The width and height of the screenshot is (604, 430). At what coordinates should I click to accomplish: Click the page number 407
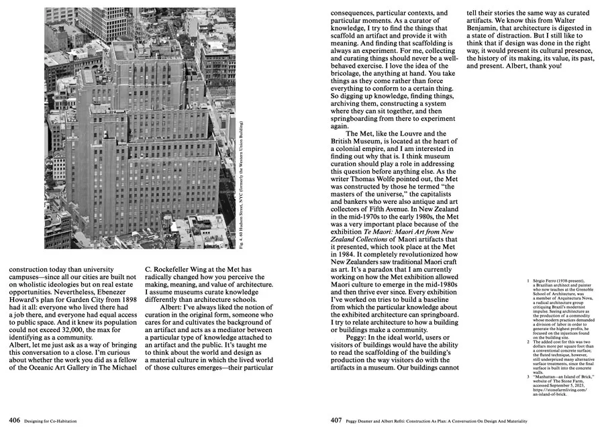(336, 421)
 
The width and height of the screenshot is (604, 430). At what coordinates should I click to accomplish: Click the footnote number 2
(528, 341)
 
